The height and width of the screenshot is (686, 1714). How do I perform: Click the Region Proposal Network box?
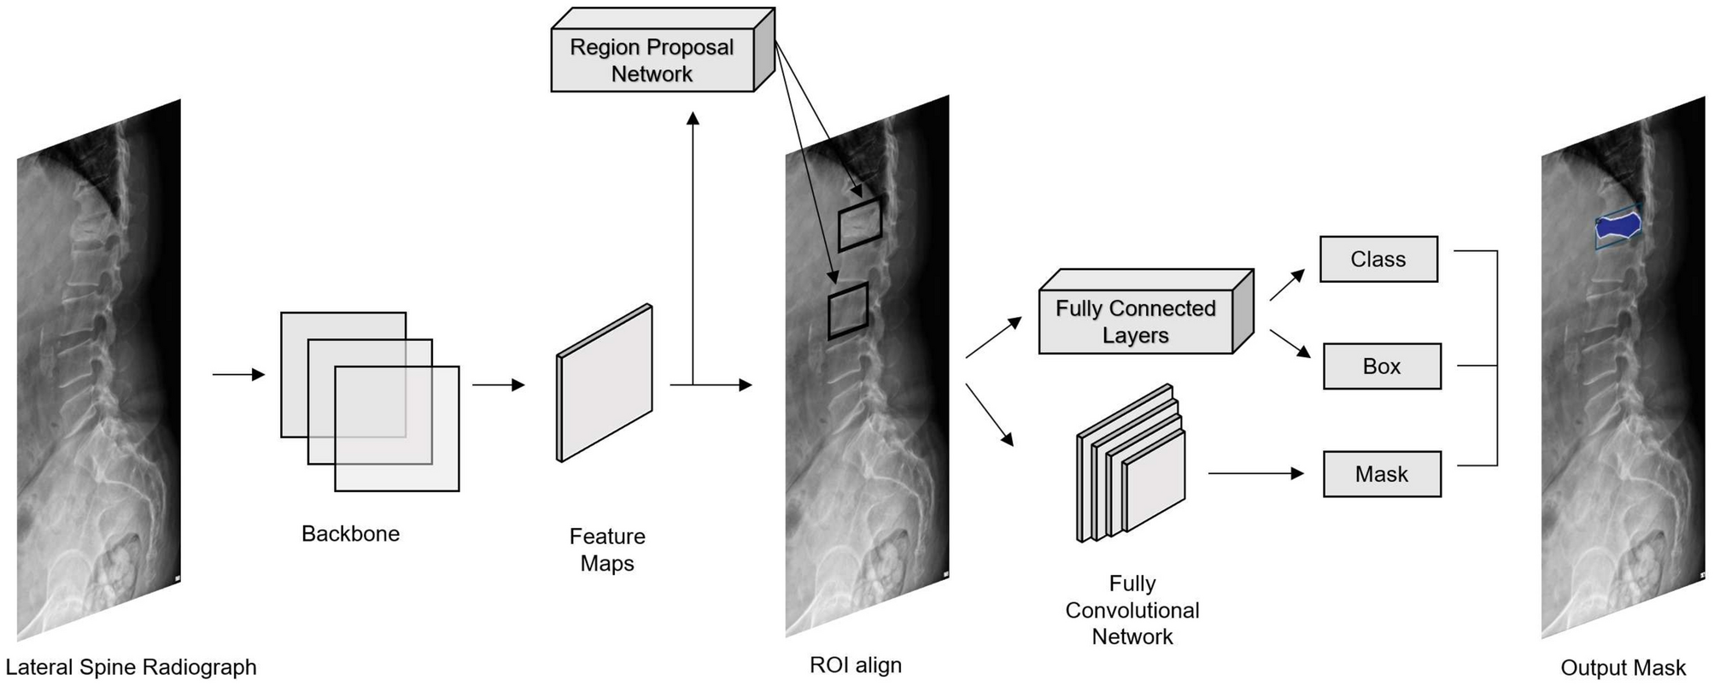pos(652,60)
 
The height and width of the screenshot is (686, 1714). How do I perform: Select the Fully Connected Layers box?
pos(1135,321)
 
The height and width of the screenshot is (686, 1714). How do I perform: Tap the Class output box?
pos(1378,259)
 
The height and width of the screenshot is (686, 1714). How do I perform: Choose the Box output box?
pos(1381,366)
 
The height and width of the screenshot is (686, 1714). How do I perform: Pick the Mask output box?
pos(1381,474)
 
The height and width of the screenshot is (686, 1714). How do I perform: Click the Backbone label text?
pos(350,534)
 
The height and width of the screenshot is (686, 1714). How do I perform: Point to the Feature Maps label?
pos(607,549)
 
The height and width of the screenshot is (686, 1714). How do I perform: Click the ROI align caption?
pos(855,665)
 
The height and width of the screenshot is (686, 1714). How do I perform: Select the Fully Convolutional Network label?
pos(1132,610)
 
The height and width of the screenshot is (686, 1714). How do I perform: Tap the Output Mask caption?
pos(1623,668)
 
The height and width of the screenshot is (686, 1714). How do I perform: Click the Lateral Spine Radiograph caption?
pos(131,667)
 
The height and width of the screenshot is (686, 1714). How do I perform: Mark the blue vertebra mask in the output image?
pos(1617,226)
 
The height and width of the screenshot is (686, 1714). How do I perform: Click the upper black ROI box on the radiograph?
pos(859,225)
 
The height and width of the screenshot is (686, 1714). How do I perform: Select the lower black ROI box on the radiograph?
pos(848,311)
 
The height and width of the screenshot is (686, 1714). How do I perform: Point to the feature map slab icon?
pos(605,383)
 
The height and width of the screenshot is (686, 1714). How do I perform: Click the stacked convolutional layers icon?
pos(1132,466)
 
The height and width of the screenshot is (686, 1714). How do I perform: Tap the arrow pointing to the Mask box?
pos(1255,473)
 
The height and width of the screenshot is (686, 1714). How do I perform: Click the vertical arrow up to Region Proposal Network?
pos(693,248)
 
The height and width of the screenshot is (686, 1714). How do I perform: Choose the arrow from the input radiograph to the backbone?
pos(238,374)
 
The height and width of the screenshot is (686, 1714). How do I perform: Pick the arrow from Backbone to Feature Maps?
pos(498,385)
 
